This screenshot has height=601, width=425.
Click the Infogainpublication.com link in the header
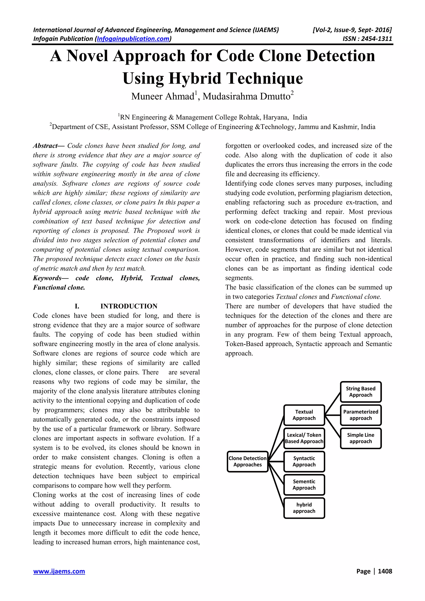coord(133,39)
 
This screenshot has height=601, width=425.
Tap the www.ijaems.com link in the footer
coord(59,571)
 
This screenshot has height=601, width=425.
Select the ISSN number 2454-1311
coord(376,39)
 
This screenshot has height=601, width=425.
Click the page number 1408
coord(385,571)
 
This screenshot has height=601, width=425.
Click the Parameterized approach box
coord(361,415)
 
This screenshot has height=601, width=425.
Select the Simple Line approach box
coord(361,438)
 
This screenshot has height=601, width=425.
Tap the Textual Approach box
coord(304,415)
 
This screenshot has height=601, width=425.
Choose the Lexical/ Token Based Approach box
coord(304,438)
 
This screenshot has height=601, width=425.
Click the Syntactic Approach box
coord(304,461)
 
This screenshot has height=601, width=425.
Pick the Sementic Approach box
coord(304,484)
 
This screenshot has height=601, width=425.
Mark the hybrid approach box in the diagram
coord(304,508)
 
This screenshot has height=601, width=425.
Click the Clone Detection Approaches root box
coord(247,461)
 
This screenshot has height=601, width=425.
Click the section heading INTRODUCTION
coord(129,306)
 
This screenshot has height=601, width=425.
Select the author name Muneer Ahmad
coord(163,97)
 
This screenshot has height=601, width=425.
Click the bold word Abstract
coord(45,146)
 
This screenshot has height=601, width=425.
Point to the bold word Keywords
coord(47,278)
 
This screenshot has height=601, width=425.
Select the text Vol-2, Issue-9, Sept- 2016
coord(352,30)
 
